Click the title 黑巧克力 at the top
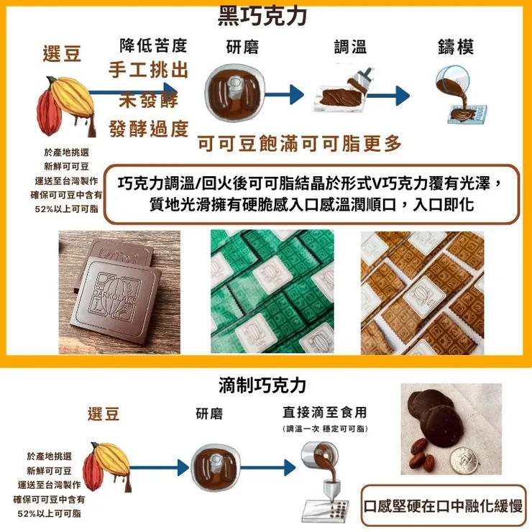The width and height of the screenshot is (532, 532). pos(267,15)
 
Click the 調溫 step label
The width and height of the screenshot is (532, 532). pos(350,47)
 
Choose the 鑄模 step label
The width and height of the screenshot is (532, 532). pos(456,47)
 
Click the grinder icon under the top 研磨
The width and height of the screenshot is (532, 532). pos(232,91)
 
